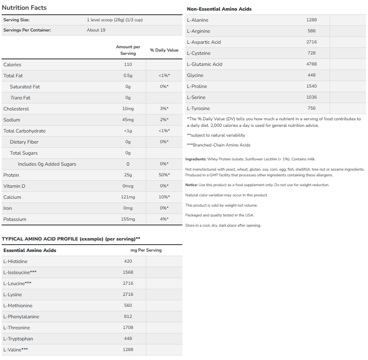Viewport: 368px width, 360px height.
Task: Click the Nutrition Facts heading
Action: pos(24,8)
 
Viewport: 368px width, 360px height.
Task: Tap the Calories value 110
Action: pos(128,65)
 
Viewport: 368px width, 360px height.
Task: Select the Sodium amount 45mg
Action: pos(128,120)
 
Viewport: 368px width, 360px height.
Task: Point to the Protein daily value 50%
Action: pos(164,175)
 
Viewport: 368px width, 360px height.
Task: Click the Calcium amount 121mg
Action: pos(128,197)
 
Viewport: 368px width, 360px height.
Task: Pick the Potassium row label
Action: pos(15,219)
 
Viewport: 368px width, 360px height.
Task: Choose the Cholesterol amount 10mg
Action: pos(128,109)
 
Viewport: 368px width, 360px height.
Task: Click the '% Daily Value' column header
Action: pos(164,50)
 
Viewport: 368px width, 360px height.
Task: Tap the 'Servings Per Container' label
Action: pos(27,30)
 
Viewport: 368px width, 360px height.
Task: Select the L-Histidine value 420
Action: pos(128,261)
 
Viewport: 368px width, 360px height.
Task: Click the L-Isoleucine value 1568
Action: pos(128,272)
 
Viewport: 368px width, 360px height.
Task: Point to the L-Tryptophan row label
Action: pos(18,339)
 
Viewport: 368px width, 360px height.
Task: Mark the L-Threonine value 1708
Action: pos(128,328)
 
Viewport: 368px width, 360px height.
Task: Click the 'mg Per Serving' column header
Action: pos(146,250)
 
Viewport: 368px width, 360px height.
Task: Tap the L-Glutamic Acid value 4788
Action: pos(312,64)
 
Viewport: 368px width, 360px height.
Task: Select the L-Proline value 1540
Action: pos(312,86)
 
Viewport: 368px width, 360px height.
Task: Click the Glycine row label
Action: pos(195,75)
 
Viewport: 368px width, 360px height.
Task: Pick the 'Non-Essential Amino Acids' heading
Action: pos(219,9)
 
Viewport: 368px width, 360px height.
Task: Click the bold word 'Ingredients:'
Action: pos(195,159)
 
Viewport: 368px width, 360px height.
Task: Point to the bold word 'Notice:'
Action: pos(191,185)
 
